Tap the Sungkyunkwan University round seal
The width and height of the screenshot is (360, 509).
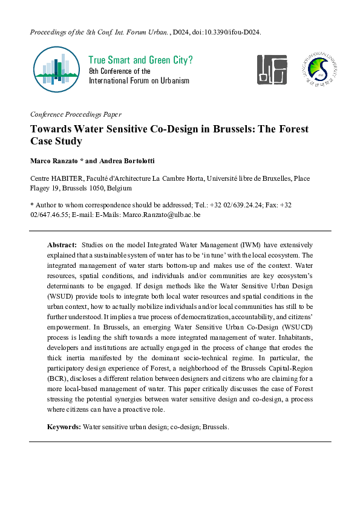tap(318, 69)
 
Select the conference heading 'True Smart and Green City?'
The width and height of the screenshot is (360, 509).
tap(140, 60)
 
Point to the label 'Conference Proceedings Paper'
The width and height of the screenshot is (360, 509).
tap(75, 114)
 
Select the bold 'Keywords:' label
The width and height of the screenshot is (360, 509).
tap(64, 427)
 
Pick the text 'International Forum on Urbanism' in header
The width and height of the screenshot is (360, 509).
tap(139, 80)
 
